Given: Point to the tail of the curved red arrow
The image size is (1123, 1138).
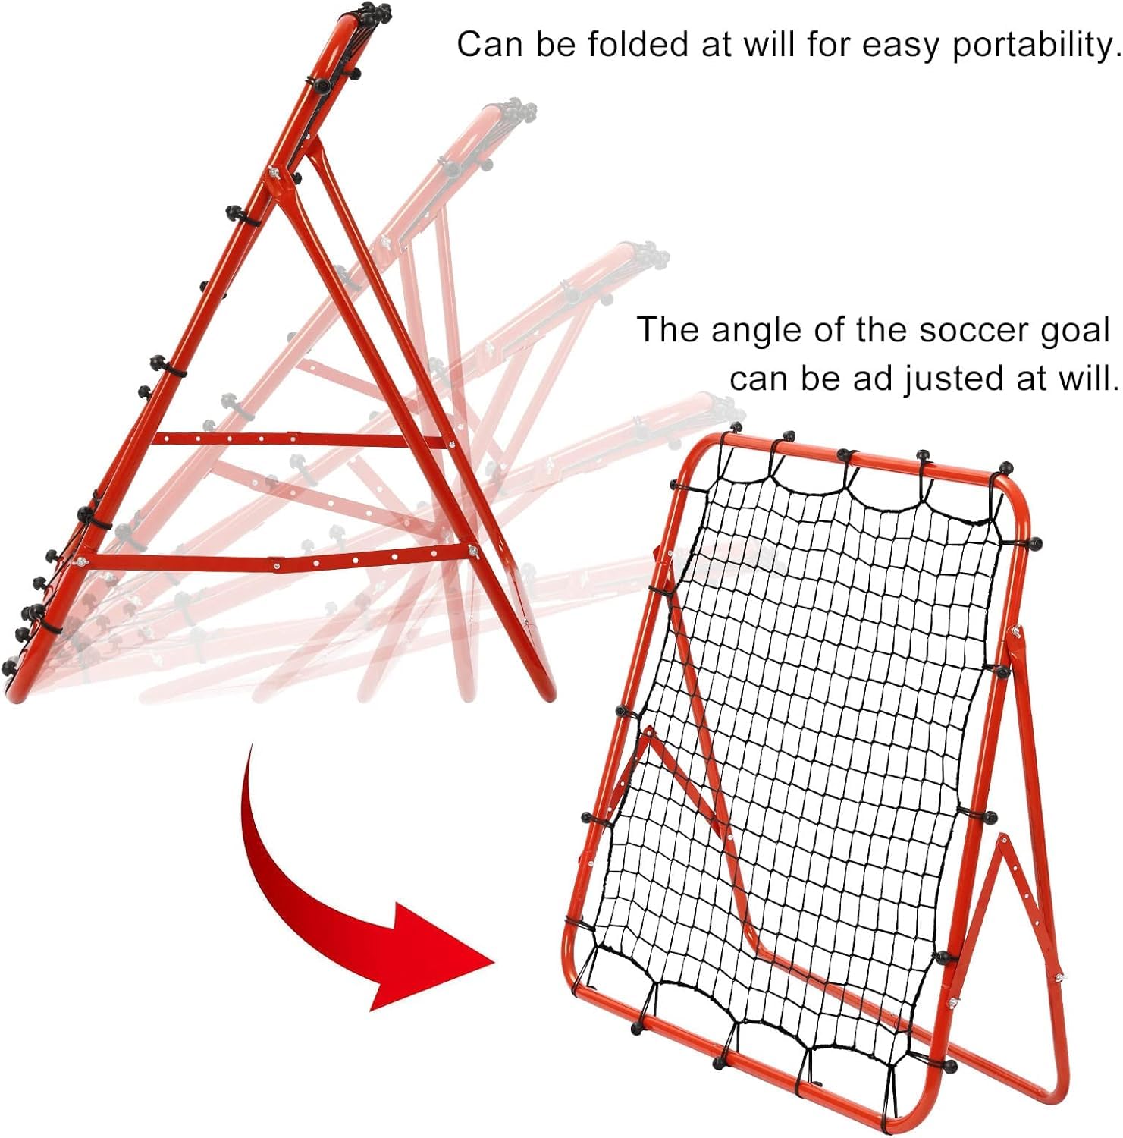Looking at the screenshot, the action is [x=250, y=747].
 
